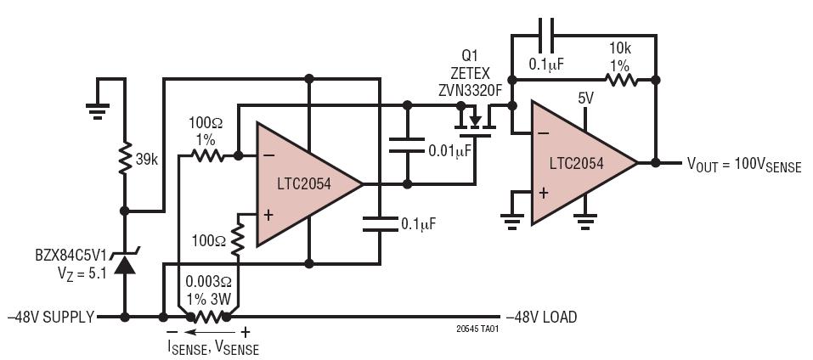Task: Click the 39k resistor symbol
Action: (x=124, y=160)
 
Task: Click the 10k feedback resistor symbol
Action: (x=621, y=80)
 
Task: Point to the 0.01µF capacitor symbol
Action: (x=407, y=145)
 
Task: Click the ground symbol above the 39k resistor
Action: (x=98, y=111)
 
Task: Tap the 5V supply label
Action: (x=585, y=98)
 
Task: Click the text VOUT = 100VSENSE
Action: (x=743, y=165)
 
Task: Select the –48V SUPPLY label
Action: (x=51, y=317)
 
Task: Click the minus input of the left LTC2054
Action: (x=268, y=155)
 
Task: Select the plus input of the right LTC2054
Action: (x=543, y=194)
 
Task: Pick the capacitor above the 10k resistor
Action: (x=546, y=35)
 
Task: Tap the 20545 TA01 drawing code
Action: (x=473, y=329)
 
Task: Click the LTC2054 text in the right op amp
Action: (x=577, y=164)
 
